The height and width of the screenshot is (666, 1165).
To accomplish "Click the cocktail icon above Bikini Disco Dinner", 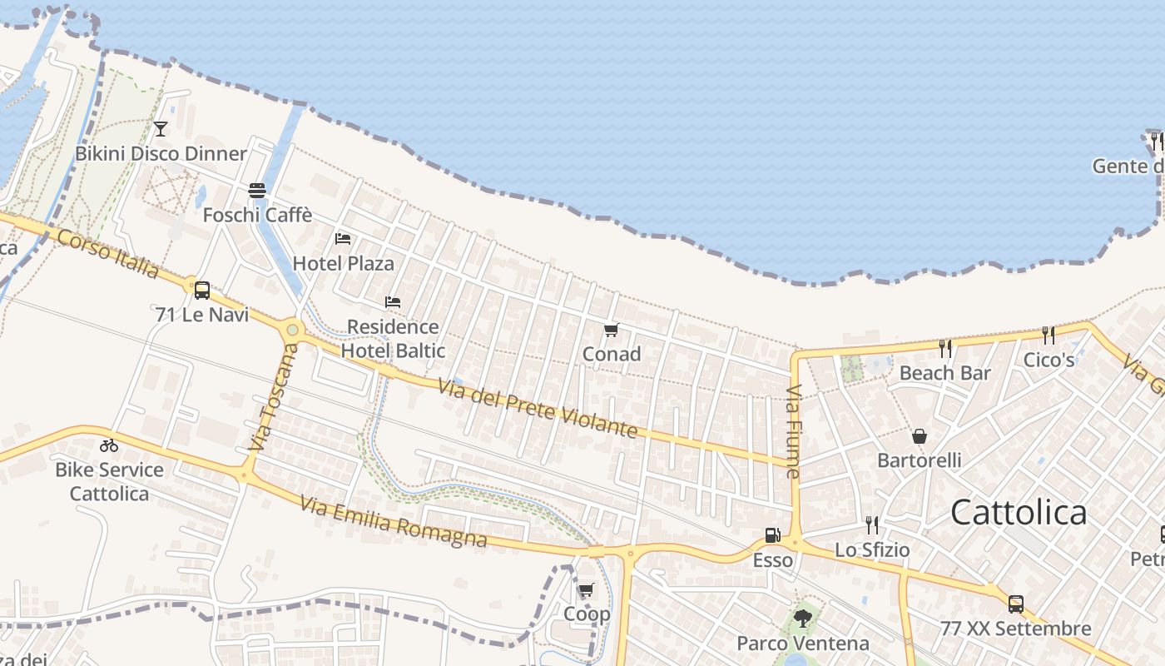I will pyautogui.click(x=161, y=129).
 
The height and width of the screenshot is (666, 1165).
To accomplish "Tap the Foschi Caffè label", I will pyautogui.click(x=258, y=215).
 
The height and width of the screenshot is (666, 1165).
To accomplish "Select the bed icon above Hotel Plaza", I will pyautogui.click(x=343, y=239).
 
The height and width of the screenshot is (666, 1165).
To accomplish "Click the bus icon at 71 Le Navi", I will pyautogui.click(x=202, y=291).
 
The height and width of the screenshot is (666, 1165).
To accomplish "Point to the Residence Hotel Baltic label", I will pyautogui.click(x=393, y=339).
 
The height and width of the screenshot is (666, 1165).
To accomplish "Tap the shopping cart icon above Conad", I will pyautogui.click(x=612, y=331).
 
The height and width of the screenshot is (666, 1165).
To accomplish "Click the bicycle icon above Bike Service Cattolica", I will pyautogui.click(x=109, y=445).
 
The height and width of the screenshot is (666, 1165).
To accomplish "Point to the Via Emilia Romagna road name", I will pyautogui.click(x=393, y=522).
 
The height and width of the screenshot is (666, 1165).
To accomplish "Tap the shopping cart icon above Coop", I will pyautogui.click(x=587, y=590).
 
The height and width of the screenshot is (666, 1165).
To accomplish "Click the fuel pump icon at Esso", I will pyautogui.click(x=773, y=535).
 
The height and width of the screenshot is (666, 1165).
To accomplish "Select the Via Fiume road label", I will pyautogui.click(x=792, y=432).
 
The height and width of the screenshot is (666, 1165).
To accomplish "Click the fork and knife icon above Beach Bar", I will pyautogui.click(x=944, y=348).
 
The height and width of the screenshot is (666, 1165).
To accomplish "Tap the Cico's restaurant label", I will pyautogui.click(x=1048, y=360).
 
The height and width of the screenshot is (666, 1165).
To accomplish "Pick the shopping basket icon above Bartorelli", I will pyautogui.click(x=920, y=436).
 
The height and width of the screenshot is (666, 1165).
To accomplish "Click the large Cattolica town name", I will pyautogui.click(x=1019, y=512).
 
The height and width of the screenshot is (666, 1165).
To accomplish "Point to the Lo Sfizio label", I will pyautogui.click(x=872, y=550).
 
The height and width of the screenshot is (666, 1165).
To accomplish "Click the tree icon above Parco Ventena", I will pyautogui.click(x=803, y=619).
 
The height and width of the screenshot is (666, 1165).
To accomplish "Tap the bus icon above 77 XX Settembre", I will pyautogui.click(x=1015, y=604).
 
